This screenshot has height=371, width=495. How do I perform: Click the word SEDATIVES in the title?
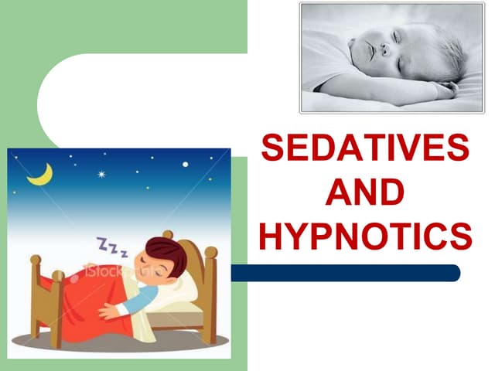(365, 148)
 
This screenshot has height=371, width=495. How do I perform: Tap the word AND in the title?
(365, 192)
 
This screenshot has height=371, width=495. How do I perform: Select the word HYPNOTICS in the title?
(365, 235)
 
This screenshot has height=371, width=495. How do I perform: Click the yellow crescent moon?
(40, 175)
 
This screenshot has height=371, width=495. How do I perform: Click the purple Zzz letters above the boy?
(111, 247)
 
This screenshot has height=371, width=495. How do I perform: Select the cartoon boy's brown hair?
(166, 250)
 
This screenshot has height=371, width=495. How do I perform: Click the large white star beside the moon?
(102, 174)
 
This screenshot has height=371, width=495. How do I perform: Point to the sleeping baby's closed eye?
(395, 36)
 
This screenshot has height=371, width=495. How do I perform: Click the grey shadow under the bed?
(139, 341)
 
